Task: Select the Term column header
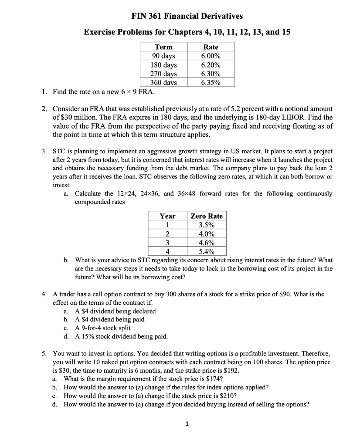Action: pyautogui.click(x=163, y=47)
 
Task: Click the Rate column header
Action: pyautogui.click(x=211, y=47)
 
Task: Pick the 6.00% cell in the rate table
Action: pyautogui.click(x=211, y=56)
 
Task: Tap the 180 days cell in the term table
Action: pyautogui.click(x=163, y=65)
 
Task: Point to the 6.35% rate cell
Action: pyautogui.click(x=211, y=82)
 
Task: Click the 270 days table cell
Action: pyautogui.click(x=163, y=74)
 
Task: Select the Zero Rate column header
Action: pyautogui.click(x=206, y=216)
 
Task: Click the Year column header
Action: pyautogui.click(x=167, y=216)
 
